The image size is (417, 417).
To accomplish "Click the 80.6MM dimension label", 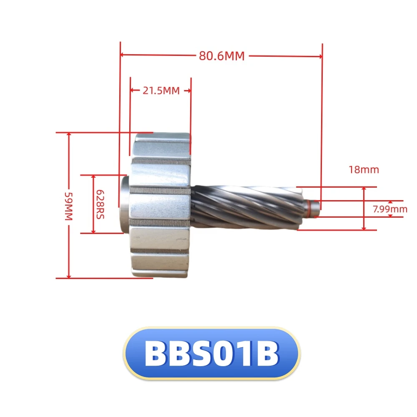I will point(221,56).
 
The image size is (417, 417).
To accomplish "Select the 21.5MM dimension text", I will point(161,90).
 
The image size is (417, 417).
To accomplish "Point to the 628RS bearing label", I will point(100,204).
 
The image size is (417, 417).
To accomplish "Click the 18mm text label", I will point(364,170).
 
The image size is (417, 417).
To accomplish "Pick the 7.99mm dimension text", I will point(390,209).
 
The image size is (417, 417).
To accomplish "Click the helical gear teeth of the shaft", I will point(246,206).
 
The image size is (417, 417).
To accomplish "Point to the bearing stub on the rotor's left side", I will point(126,204).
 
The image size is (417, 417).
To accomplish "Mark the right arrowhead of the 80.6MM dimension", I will point(320,55).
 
